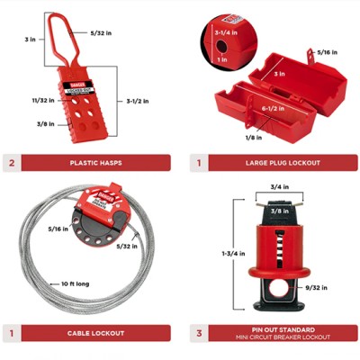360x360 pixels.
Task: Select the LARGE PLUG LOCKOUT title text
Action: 284,163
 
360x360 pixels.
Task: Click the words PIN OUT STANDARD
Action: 284,330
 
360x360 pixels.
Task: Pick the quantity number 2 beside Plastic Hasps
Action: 12,163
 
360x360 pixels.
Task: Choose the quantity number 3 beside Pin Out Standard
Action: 199,334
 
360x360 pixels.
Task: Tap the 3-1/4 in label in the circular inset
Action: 226,32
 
